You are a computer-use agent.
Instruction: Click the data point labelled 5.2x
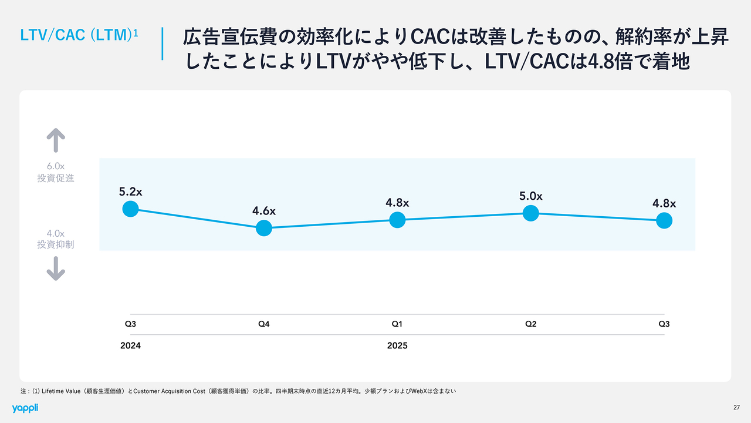130,209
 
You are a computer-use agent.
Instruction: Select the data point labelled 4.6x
264,227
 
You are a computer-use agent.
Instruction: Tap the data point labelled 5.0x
531,213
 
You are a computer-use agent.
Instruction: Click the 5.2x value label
130,192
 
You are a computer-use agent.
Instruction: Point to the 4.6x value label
264,211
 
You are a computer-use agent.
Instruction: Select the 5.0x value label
531,196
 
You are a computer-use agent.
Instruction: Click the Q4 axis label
264,324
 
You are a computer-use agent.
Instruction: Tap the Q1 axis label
397,324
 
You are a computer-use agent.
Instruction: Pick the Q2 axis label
531,324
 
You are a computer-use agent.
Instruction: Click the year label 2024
130,345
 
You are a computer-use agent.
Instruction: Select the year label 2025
397,345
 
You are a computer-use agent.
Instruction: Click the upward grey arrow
56,142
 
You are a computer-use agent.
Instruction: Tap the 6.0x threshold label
56,167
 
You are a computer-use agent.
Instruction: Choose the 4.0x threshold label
56,233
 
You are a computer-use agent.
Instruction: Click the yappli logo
25,408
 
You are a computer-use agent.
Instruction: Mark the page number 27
736,408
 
